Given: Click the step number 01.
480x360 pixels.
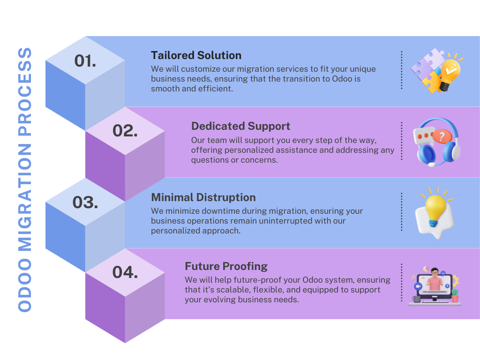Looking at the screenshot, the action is pos(85,60).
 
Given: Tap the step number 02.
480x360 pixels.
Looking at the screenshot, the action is pos(125,131).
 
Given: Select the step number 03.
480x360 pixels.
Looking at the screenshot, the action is pos(85,202).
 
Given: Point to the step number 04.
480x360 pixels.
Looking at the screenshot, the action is pos(125,272).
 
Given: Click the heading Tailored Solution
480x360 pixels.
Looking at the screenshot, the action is pos(196,55).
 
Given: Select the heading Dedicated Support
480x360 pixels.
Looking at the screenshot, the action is pos(240,126).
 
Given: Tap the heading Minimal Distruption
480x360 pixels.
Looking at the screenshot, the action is pos(203,197).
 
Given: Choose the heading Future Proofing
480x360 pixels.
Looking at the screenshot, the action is pos(226,266).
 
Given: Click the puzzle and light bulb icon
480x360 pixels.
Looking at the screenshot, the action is pos(437,71).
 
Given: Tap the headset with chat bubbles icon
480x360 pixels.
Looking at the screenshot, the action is pos(437,142).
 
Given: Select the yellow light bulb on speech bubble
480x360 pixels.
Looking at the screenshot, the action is pos(435,213).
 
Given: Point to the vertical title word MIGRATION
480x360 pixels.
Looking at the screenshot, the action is pos(25,197).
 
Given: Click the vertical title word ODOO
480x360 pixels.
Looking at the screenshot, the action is pos(25,285).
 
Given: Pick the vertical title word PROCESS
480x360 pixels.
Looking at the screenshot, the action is pos(25,91).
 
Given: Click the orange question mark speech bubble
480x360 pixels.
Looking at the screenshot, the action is pos(441,136).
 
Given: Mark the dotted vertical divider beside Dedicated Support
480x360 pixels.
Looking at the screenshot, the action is pos(402,141).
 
